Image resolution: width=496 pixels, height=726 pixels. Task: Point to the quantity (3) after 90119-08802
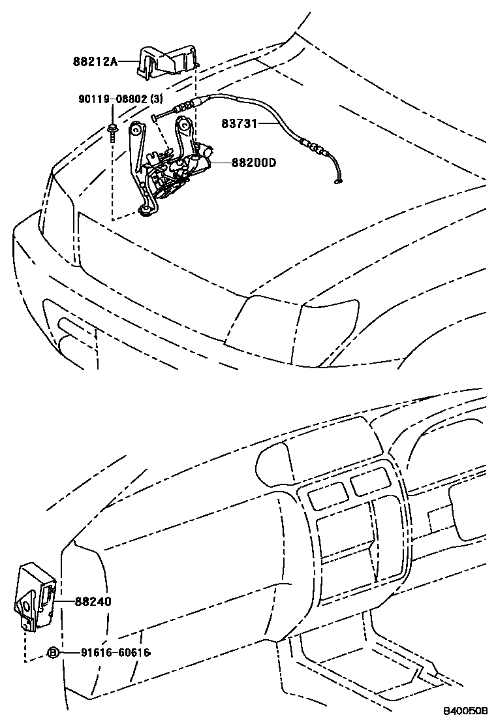156,99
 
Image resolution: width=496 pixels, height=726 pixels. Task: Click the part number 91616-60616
116,652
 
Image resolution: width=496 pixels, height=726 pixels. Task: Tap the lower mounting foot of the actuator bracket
148,210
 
